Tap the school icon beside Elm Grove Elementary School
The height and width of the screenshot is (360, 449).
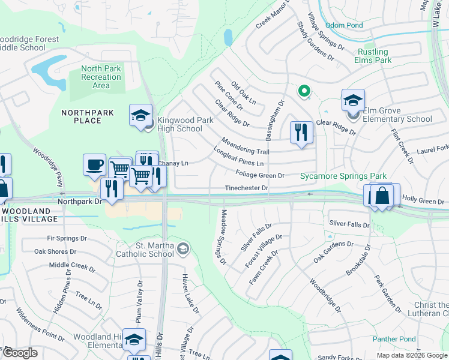(353, 100)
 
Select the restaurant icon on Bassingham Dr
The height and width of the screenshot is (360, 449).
(301, 132)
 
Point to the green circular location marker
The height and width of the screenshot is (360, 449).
(304, 91)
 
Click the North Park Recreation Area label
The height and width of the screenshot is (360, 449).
(101, 77)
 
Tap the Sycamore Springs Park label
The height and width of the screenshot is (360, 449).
(343, 176)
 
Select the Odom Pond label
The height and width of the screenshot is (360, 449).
(344, 25)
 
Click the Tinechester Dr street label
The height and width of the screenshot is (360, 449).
(246, 188)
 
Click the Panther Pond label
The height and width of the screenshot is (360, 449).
(394, 339)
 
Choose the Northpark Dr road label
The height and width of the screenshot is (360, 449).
(79, 202)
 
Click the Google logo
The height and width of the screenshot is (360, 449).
(20, 352)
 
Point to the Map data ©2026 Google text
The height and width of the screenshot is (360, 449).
(411, 355)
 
